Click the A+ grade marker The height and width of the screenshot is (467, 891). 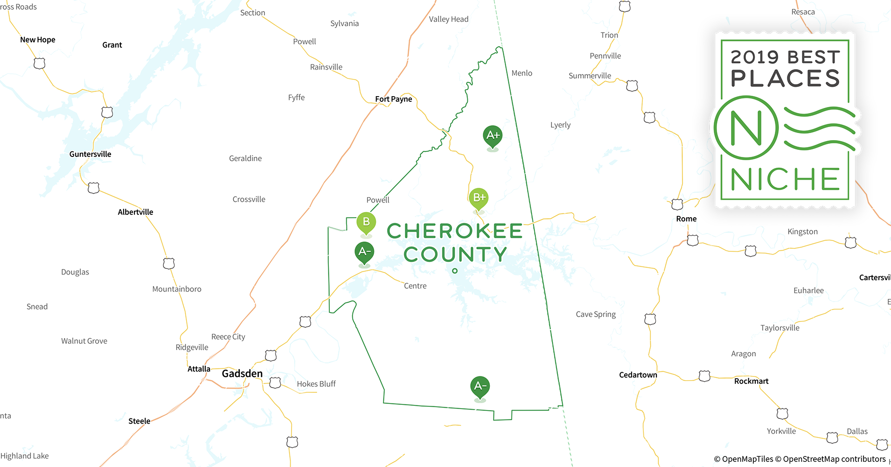[493, 135]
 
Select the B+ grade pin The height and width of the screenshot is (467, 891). [479, 198]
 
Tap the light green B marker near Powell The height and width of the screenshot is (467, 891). [366, 222]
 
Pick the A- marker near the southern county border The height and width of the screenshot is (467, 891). [480, 386]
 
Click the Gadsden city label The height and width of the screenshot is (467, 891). [242, 374]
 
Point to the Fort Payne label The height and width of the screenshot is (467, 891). [393, 99]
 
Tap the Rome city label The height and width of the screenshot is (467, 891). [686, 219]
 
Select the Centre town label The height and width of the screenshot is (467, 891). [415, 286]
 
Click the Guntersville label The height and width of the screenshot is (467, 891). [90, 154]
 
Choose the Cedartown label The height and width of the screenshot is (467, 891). [638, 375]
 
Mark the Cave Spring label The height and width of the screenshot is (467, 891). [596, 314]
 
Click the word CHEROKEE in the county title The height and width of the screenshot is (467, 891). [454, 231]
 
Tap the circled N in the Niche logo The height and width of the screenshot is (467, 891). [746, 128]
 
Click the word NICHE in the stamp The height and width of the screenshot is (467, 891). [785, 179]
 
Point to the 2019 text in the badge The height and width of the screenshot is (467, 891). [754, 57]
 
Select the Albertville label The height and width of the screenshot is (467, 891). [135, 212]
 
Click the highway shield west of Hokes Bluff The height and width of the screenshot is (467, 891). [275, 383]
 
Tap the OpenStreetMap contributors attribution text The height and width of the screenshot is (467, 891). [834, 459]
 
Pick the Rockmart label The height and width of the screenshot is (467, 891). [751, 381]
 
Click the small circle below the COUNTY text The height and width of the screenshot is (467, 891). [455, 271]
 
